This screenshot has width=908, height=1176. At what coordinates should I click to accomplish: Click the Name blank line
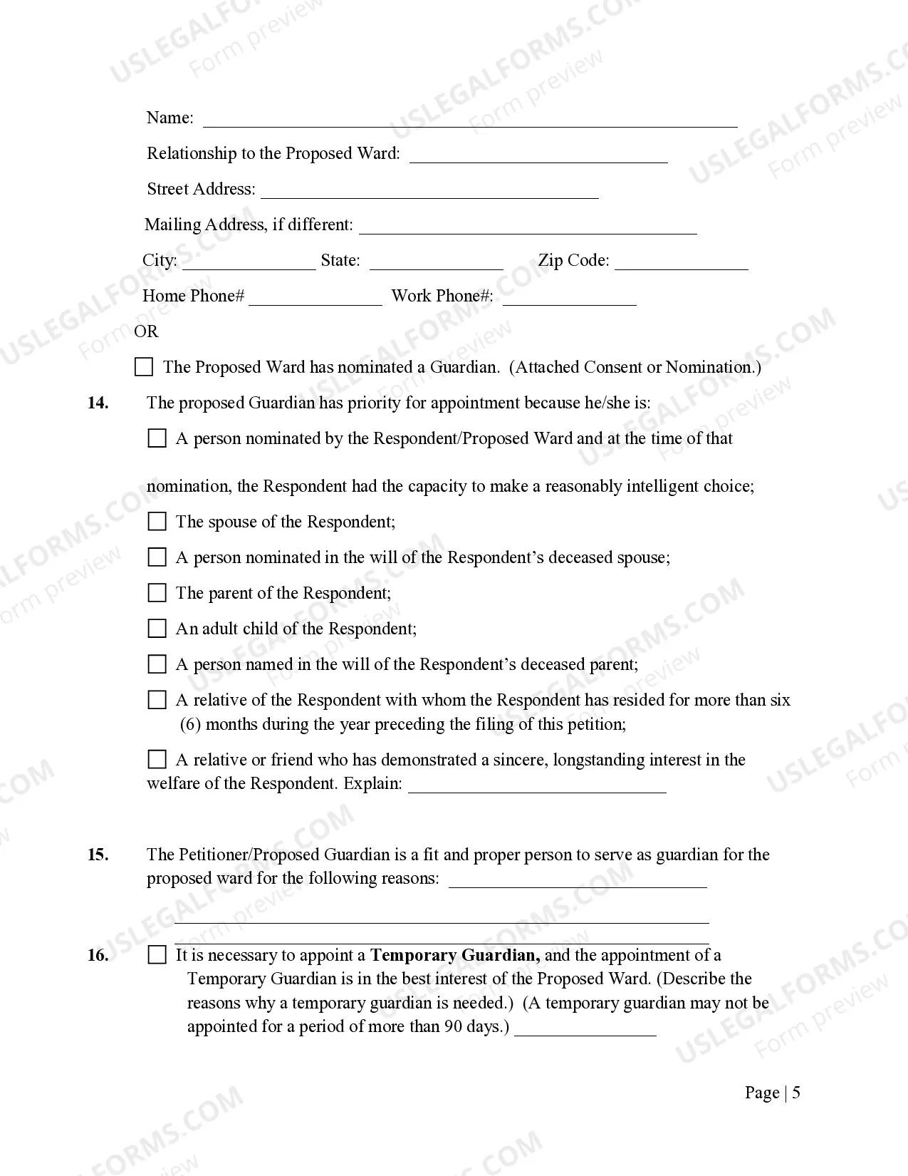470,119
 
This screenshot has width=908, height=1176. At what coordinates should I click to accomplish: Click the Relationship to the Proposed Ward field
538,155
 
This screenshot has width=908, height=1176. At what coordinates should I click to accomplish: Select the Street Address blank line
429,191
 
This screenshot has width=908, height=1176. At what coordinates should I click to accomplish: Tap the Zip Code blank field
682,262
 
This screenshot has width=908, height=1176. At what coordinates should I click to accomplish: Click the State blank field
436,262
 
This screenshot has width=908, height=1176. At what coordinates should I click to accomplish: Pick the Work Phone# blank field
569,298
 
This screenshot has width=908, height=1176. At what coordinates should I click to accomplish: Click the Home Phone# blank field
315,298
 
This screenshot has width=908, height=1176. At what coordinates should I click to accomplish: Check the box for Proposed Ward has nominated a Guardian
144,367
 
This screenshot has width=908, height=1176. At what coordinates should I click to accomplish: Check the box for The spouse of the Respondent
157,522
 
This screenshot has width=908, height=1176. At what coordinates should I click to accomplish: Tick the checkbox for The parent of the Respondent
157,593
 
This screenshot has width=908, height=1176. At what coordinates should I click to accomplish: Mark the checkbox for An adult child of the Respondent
157,629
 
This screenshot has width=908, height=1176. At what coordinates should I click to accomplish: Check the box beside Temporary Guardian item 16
157,955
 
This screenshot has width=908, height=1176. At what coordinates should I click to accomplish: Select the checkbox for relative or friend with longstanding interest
157,760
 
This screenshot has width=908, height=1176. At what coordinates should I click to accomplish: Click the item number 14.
98,403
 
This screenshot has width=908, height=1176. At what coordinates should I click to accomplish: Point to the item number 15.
98,855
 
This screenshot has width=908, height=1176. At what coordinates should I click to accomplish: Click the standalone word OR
146,331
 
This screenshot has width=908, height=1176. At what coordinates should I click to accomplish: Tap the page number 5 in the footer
795,1093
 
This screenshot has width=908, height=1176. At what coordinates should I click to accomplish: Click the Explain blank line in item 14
537,785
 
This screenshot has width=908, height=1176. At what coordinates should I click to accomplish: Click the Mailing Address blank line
528,227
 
